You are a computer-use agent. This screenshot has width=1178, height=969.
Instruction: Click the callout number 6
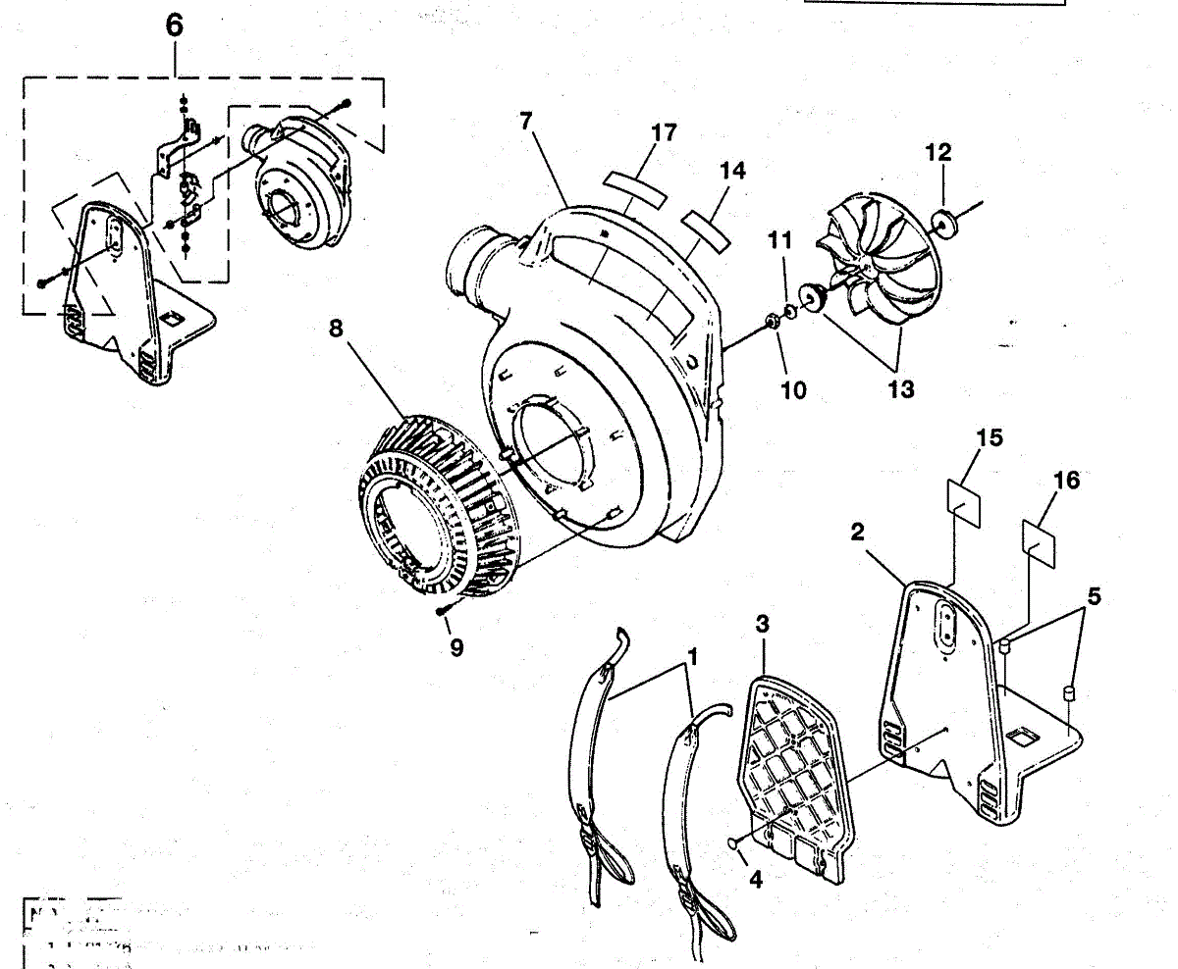pyautogui.click(x=174, y=25)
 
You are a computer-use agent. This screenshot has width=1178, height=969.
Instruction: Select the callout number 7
pyautogui.click(x=525, y=122)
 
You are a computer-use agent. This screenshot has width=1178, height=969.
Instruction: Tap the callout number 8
pyautogui.click(x=336, y=329)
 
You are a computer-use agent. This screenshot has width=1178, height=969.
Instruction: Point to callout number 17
pyautogui.click(x=664, y=132)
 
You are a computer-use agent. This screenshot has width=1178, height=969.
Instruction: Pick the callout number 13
pyautogui.click(x=900, y=389)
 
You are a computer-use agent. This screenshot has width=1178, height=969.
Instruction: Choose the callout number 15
pyautogui.click(x=990, y=437)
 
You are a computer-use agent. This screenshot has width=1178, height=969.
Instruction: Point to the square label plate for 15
pyautogui.click(x=964, y=496)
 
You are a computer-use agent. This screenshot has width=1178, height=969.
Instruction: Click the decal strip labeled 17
pyautogui.click(x=635, y=185)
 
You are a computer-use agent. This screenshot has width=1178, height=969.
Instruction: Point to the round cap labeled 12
pyautogui.click(x=948, y=222)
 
